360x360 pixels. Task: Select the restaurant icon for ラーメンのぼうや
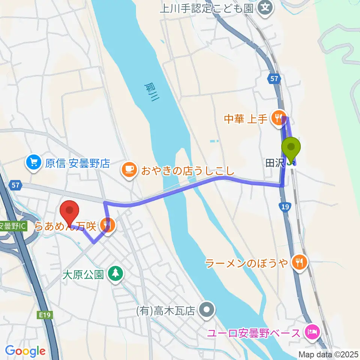point(299,263)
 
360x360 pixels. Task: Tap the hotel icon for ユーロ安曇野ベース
point(312,332)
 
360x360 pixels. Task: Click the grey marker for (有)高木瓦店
point(206,310)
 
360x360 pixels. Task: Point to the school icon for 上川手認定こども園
point(265,7)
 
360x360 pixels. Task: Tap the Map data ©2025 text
point(328,354)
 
